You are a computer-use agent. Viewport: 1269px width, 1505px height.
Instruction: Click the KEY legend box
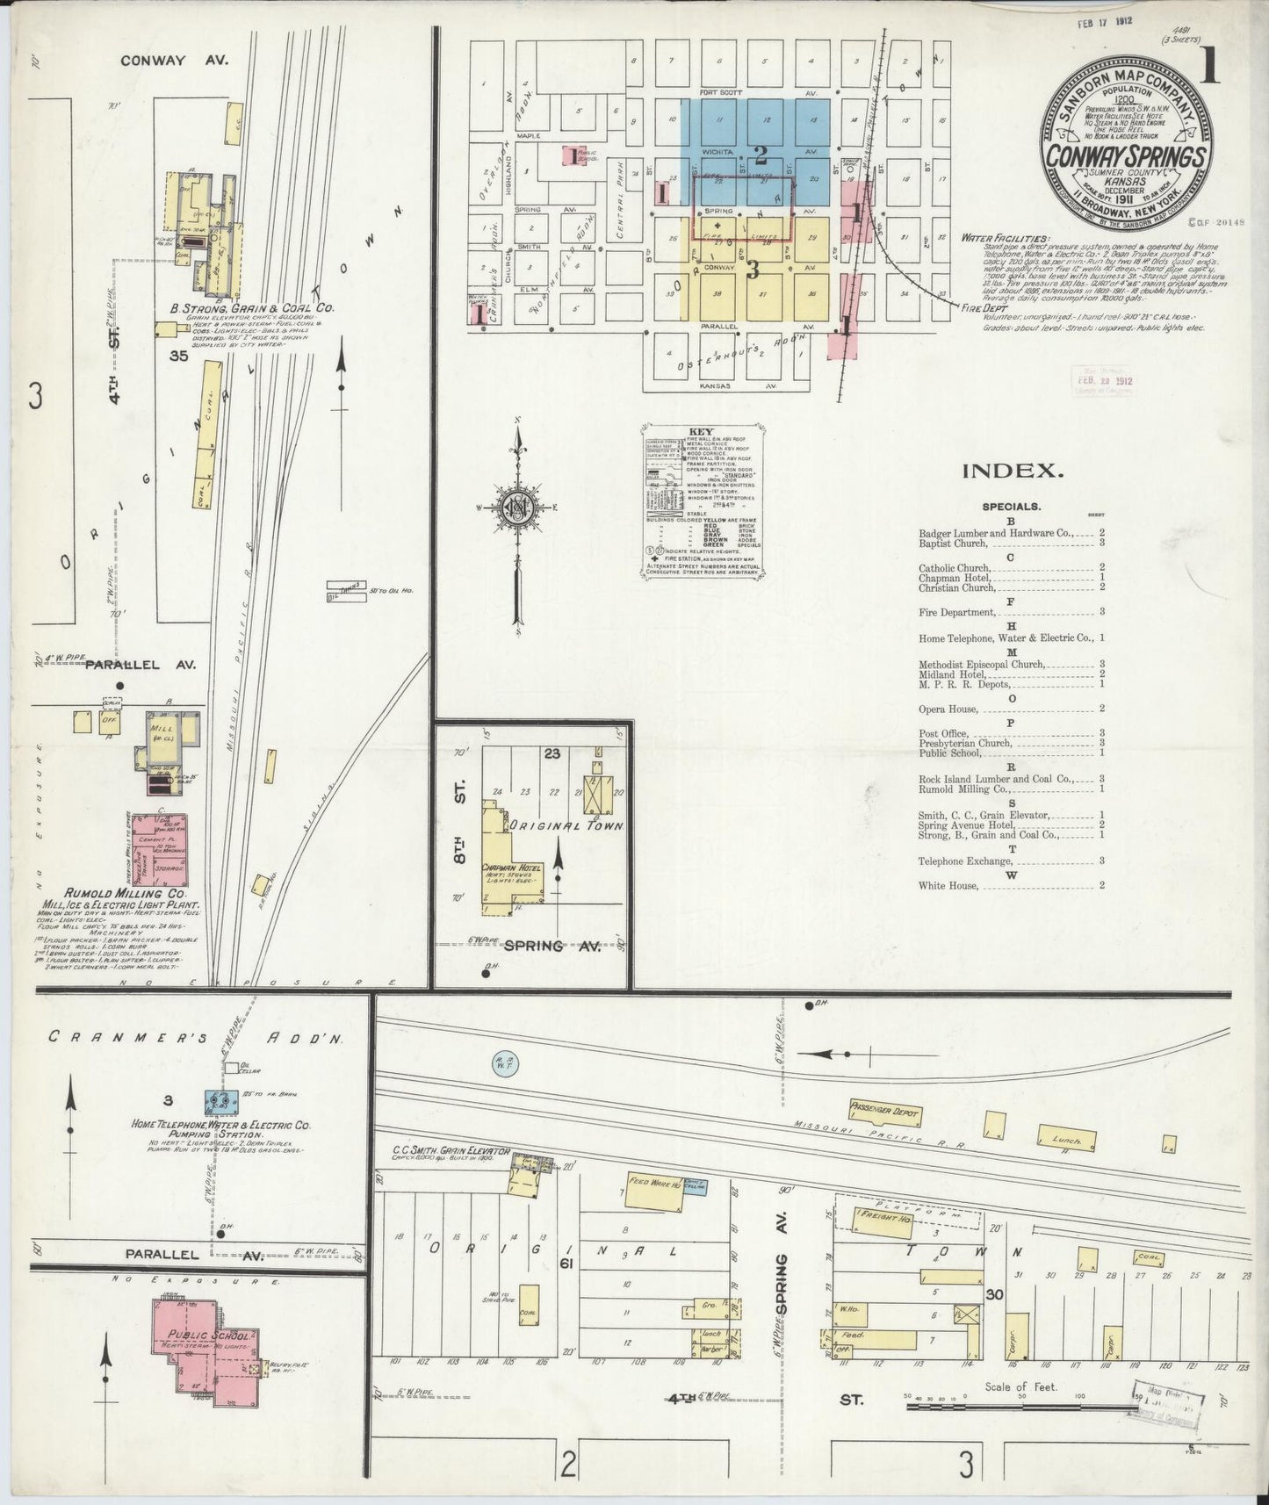coord(701,500)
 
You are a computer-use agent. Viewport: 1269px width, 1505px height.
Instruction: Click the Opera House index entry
coord(950,707)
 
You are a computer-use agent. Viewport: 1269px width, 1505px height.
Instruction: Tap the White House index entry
coord(948,885)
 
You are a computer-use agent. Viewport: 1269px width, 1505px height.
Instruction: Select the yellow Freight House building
coord(863,1217)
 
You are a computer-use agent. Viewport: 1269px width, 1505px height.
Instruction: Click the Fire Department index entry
coord(957,612)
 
